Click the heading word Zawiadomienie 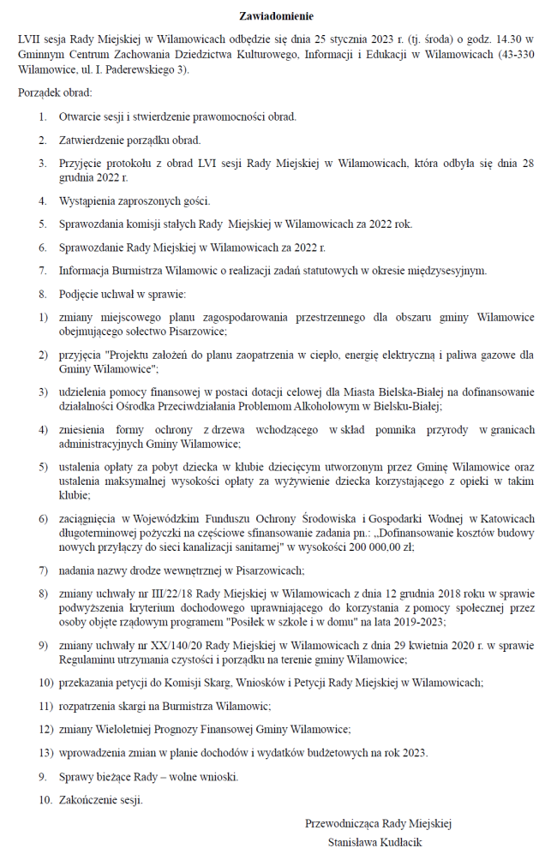click(x=276, y=16)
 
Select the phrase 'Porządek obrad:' click(x=54, y=93)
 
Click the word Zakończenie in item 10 click(x=90, y=800)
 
